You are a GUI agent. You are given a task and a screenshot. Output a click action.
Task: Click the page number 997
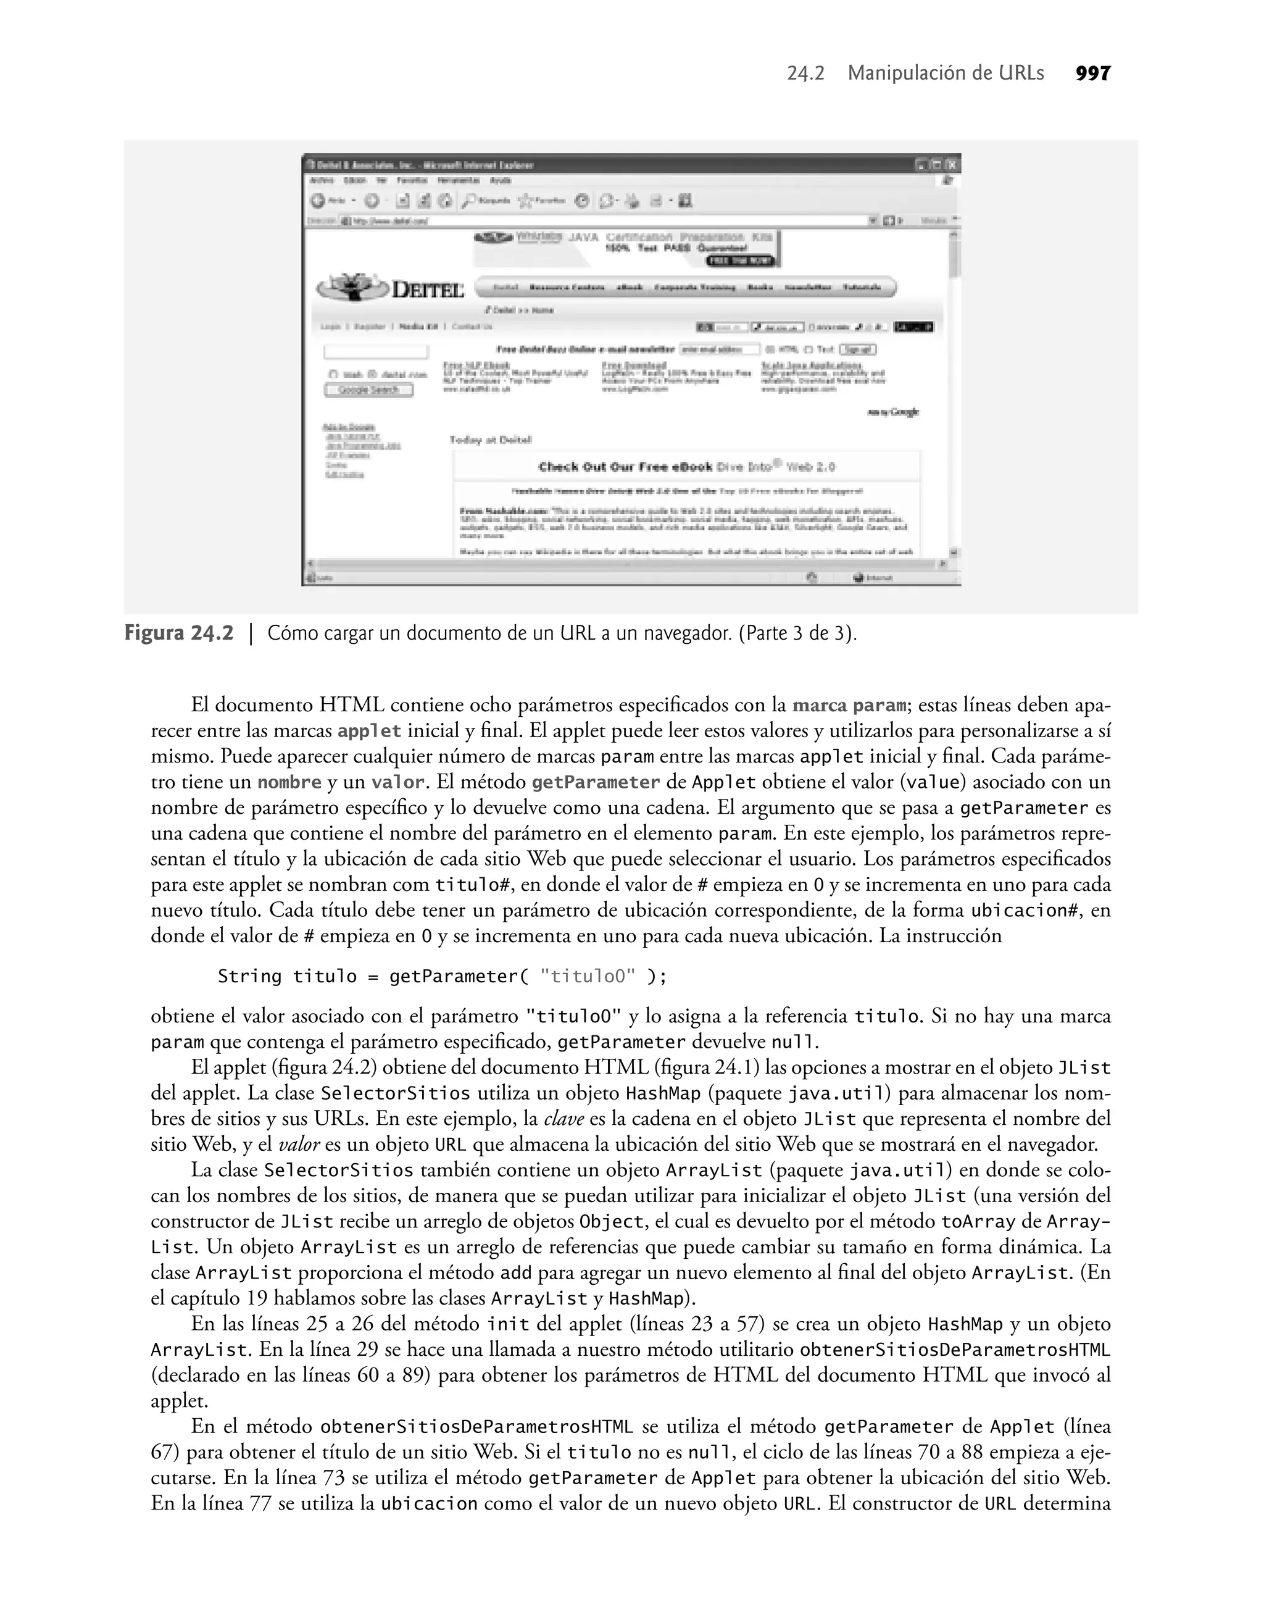click(x=1093, y=73)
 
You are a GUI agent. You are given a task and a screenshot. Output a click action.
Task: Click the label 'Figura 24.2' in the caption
click(x=178, y=633)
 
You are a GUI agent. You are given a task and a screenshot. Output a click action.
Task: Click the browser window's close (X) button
click(x=953, y=165)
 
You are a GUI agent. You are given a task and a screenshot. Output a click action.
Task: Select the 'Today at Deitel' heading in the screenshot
click(x=490, y=440)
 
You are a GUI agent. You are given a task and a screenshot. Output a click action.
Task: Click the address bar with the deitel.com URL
click(x=592, y=220)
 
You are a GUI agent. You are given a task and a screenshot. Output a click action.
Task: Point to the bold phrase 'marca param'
click(x=849, y=705)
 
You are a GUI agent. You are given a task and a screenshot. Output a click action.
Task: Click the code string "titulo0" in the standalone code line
click(x=588, y=976)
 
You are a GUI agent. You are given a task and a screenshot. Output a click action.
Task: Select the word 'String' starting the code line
click(x=249, y=976)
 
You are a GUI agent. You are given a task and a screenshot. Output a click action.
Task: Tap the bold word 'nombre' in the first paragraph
click(x=289, y=782)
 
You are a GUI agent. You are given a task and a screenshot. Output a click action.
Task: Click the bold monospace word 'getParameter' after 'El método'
click(x=596, y=782)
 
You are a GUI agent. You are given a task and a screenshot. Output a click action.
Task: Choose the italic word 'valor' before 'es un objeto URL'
click(x=299, y=1144)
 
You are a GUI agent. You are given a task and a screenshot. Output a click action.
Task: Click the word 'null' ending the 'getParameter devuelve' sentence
click(x=794, y=1042)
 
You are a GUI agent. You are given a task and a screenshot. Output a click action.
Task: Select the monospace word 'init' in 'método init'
click(x=508, y=1323)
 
